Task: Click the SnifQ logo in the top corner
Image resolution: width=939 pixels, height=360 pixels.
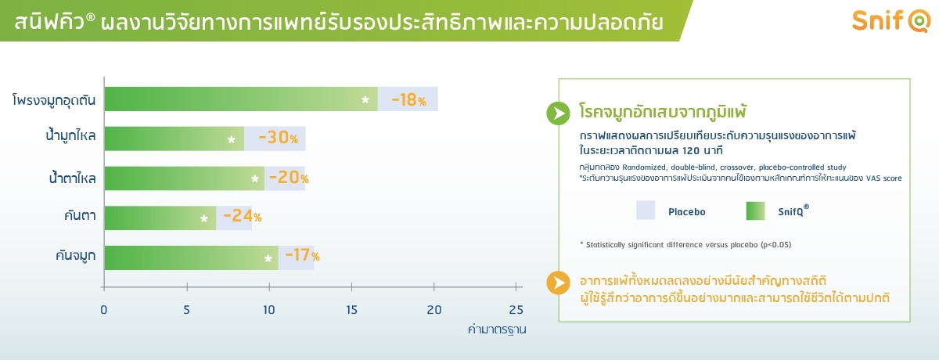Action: pos(891,20)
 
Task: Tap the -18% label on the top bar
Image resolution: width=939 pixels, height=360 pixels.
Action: pos(408,99)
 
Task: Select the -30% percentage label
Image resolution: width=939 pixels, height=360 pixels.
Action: pos(278,138)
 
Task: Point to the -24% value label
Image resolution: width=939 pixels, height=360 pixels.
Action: pos(243,216)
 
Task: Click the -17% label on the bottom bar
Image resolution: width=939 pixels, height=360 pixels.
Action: pos(302,255)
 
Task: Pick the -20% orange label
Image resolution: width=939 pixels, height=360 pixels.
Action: pos(289,178)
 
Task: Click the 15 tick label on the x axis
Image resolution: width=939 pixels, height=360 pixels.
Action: pos(351,310)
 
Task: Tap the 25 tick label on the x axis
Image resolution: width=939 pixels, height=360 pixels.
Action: pos(516,310)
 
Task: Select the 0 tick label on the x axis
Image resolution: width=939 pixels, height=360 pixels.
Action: pos(103,310)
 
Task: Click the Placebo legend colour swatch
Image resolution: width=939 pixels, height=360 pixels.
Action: pos(645,211)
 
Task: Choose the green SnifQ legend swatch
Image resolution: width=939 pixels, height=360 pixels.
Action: pos(755,211)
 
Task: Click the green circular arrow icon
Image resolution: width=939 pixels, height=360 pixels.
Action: pos(559,113)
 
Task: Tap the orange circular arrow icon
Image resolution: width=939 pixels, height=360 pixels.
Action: pos(559,283)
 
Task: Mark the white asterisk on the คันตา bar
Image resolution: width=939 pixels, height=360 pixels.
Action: pos(203,218)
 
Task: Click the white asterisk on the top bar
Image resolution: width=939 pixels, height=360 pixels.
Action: pos(365,99)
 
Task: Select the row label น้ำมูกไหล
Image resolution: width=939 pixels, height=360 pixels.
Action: pos(70,135)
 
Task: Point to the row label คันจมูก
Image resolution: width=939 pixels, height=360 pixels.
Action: pos(75,255)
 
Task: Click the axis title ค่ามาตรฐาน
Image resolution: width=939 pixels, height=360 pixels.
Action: pos(497,329)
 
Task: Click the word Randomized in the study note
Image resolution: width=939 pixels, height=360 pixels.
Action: pos(643,167)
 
